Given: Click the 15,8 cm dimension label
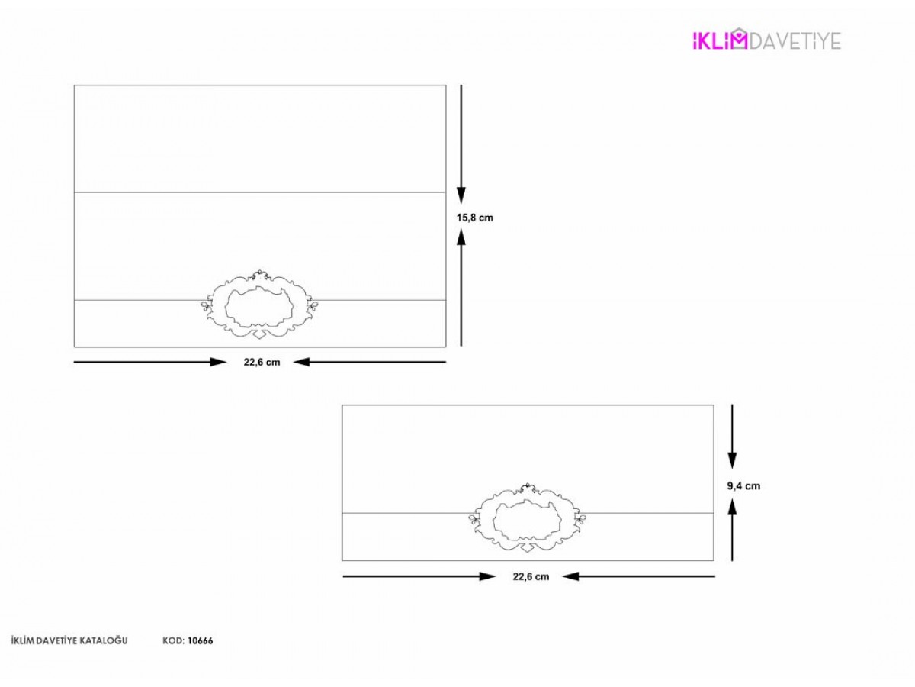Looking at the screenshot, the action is click(475, 218).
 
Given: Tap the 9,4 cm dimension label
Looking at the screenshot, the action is click(743, 486).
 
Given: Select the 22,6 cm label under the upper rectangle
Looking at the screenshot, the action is click(262, 362).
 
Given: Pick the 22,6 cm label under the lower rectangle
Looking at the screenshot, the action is click(531, 576).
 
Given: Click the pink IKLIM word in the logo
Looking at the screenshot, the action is click(720, 40).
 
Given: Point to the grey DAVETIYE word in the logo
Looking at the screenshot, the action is click(795, 41).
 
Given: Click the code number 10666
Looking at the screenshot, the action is click(200, 640).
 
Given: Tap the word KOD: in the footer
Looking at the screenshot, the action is click(173, 640).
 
